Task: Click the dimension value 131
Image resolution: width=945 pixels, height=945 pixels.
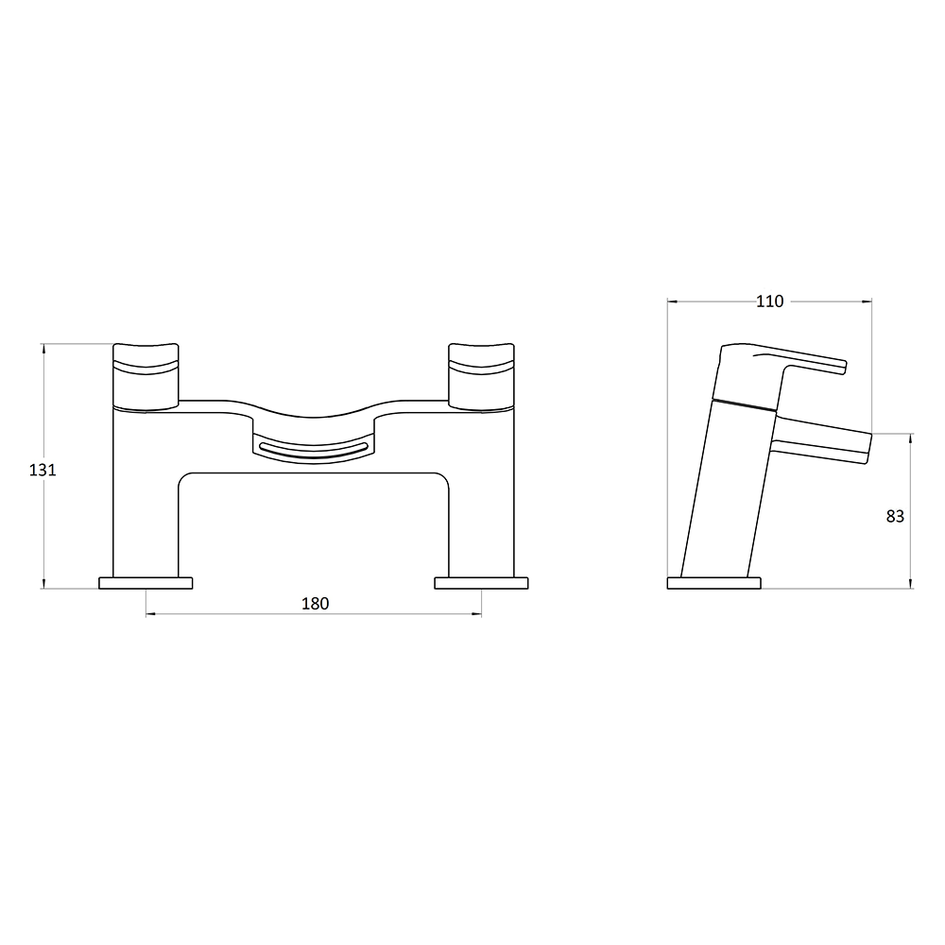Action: tap(43, 470)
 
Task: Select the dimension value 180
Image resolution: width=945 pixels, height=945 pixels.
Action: tap(315, 604)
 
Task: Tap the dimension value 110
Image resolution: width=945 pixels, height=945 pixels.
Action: tap(770, 301)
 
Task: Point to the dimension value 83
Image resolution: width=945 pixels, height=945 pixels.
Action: tap(895, 516)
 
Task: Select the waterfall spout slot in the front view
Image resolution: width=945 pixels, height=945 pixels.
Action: tap(313, 449)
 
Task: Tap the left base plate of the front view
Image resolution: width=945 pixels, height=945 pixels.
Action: tap(146, 582)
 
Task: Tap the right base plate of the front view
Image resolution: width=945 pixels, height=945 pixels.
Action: tap(481, 582)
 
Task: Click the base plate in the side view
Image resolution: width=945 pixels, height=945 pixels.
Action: tap(713, 582)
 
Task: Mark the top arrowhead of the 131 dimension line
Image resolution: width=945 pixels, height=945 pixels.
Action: tap(44, 347)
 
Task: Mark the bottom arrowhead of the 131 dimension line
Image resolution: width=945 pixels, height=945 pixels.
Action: tap(44, 585)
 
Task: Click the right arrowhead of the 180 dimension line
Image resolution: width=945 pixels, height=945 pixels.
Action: tap(477, 615)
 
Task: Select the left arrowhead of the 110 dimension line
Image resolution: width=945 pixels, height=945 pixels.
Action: tap(672, 301)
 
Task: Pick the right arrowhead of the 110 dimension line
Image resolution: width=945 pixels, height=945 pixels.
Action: tap(868, 301)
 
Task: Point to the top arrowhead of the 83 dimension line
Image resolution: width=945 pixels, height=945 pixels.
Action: tap(911, 437)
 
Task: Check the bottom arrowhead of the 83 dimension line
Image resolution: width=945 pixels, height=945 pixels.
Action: tap(911, 585)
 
